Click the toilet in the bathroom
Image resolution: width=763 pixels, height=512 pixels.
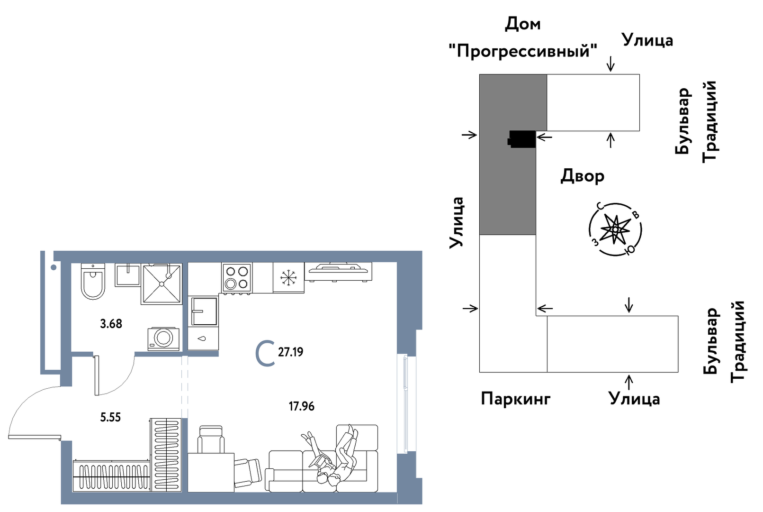point(93,282)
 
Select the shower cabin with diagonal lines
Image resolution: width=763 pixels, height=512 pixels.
point(162,284)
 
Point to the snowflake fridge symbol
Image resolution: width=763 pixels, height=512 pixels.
point(288,278)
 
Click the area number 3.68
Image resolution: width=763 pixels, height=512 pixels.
point(111,324)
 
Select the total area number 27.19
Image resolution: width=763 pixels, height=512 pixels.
point(290,352)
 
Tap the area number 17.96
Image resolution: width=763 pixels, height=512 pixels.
point(302,406)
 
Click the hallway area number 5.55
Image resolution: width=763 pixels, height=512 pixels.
point(110,417)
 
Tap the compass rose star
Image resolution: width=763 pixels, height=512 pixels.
point(615,229)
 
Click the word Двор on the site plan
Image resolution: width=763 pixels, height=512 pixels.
point(582,176)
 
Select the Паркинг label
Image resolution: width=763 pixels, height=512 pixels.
point(515,399)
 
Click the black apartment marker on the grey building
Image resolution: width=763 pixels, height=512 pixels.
point(522,139)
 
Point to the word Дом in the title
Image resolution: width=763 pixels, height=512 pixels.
point(522,24)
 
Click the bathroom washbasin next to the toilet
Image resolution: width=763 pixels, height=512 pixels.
point(128,275)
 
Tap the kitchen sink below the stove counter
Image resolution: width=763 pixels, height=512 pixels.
point(204,311)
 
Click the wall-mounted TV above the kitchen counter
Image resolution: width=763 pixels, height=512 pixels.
point(338,272)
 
